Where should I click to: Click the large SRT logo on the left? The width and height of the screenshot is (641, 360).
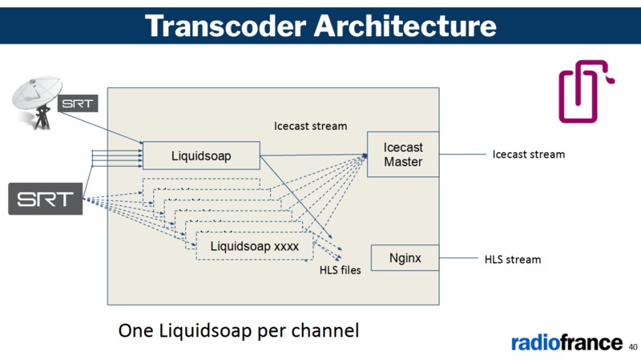[x=46, y=199]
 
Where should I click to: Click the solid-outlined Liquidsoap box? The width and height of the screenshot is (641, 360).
[x=201, y=156]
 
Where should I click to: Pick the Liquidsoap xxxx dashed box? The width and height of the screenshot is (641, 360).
[x=254, y=246]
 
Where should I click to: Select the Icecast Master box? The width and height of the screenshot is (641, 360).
[x=403, y=154]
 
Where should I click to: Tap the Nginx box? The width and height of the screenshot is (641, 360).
[x=405, y=258]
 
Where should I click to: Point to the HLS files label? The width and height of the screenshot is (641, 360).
[x=340, y=270]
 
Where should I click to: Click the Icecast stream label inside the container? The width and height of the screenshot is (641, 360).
[x=310, y=126]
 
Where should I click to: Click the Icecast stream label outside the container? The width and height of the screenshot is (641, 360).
[x=528, y=154]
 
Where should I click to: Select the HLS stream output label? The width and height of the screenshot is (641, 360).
[x=512, y=260]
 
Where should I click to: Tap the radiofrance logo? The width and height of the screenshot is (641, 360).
[x=566, y=342]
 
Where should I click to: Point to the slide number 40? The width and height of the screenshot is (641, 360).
[x=633, y=347]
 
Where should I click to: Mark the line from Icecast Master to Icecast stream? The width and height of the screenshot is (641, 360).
[x=462, y=154]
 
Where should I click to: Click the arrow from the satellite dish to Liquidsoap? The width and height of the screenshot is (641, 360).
[x=100, y=129]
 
